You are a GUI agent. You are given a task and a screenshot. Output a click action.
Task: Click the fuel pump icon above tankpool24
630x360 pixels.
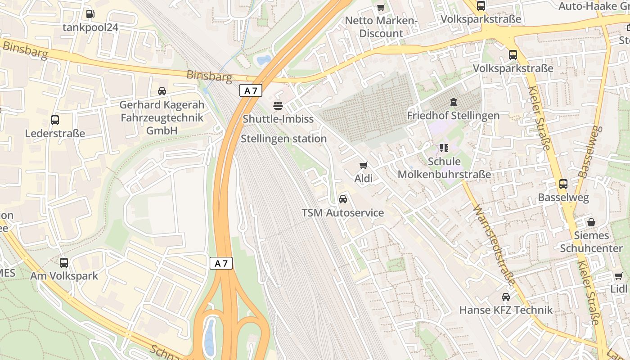[x=90, y=14]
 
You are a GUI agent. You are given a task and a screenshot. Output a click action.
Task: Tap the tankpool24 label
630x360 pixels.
[x=90, y=27]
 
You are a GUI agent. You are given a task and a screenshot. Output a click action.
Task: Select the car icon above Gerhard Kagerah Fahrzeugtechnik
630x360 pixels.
[x=162, y=91]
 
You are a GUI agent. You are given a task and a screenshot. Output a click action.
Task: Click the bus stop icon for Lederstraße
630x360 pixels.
[x=55, y=120]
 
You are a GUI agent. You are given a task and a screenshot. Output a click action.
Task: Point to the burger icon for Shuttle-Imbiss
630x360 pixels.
[x=278, y=106]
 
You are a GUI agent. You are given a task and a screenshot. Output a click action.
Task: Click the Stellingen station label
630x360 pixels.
[x=283, y=139]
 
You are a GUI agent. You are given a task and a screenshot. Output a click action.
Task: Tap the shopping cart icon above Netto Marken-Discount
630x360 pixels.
[x=381, y=7]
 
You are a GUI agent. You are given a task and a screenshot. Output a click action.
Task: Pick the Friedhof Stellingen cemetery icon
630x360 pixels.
[x=453, y=102]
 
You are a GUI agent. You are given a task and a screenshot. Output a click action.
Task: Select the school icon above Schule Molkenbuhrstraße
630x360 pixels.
[x=444, y=148]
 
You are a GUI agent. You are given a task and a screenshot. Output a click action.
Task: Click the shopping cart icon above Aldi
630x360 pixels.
[x=364, y=165]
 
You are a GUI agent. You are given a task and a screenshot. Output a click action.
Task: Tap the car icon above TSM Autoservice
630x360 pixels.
[x=343, y=199]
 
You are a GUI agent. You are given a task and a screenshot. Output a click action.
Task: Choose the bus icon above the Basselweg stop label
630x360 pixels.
[x=563, y=184]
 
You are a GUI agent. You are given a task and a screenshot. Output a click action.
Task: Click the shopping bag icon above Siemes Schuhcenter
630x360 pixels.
[x=591, y=222]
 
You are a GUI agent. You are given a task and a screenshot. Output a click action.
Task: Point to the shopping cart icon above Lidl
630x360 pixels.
[x=619, y=275]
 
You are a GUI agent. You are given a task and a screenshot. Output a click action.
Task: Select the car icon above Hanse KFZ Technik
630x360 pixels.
[x=506, y=297]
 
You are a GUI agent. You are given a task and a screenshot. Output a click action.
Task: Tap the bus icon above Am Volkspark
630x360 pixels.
[x=64, y=262]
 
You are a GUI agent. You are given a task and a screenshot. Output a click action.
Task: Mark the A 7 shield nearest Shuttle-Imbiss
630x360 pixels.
[x=251, y=90]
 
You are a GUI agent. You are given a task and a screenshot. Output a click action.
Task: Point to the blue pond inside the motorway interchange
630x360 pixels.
[x=210, y=337]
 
